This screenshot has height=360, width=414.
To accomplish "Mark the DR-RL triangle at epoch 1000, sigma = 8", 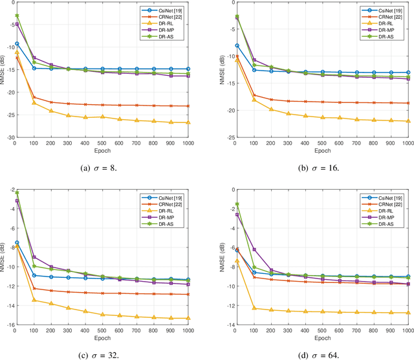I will coord(188,122).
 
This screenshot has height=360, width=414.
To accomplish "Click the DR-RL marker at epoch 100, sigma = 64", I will coord(237,308).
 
